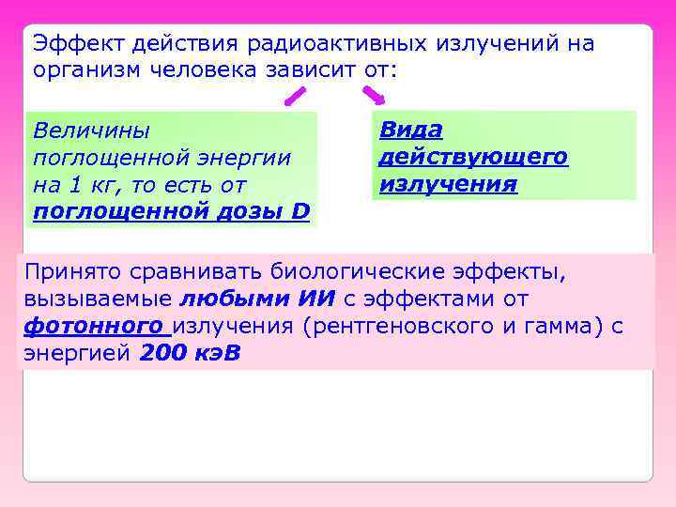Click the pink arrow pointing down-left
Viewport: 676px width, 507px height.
[x=295, y=95]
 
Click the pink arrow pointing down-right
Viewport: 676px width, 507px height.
[x=374, y=94]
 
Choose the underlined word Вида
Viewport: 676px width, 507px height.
[x=410, y=130]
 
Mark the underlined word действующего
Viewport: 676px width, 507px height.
[x=473, y=157]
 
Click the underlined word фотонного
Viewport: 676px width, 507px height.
[x=92, y=327]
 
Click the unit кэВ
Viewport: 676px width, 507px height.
[x=216, y=354]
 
